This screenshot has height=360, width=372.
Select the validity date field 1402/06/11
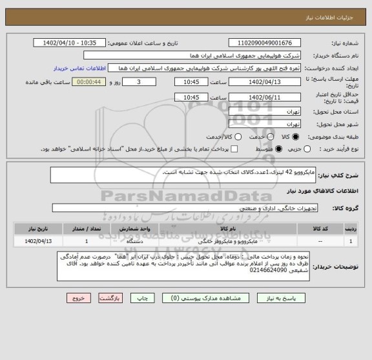pyautogui.click(x=255, y=96)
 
